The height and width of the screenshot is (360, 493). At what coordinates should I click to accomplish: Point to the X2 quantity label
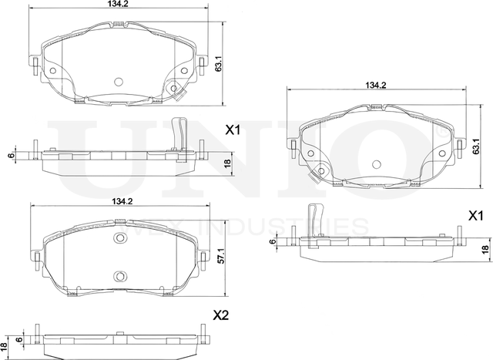tap(221, 315)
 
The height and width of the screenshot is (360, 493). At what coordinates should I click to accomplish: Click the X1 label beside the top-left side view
tap(233, 131)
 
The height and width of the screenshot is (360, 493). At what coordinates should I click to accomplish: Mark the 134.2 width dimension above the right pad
tap(375, 86)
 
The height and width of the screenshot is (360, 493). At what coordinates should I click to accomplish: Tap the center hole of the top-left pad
tap(119, 82)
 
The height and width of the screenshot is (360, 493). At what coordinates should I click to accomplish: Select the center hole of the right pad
tap(377, 164)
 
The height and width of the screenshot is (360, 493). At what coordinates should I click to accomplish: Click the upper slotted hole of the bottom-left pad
tap(119, 237)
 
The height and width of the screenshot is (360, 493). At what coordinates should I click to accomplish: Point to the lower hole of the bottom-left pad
tap(119, 275)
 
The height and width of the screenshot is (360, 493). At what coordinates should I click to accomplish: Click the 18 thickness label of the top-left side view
tap(226, 163)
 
